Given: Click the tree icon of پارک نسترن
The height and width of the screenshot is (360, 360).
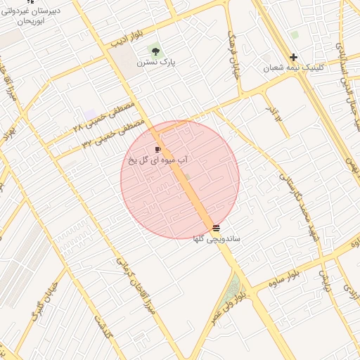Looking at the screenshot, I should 155,51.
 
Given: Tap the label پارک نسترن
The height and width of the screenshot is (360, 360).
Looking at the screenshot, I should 156,63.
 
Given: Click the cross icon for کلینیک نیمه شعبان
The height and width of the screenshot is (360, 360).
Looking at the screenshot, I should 293,57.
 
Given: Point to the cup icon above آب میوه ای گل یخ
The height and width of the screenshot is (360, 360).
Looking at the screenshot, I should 158,149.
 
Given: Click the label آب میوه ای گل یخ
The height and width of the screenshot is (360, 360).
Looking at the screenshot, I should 158,160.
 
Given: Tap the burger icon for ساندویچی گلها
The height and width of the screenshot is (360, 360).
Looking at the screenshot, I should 216,227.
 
